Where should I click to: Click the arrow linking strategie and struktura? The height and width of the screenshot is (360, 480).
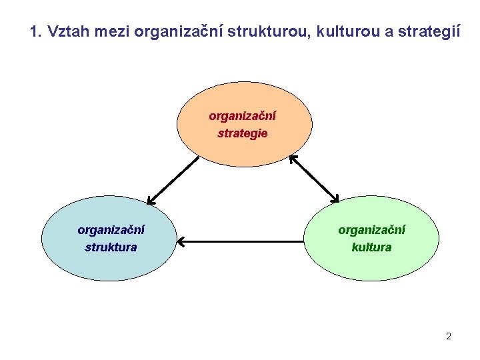point(173,179)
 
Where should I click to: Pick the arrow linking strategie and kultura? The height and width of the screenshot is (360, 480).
point(314,179)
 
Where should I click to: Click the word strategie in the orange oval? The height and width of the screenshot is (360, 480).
point(243,133)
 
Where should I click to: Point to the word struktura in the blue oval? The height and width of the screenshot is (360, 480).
point(111,247)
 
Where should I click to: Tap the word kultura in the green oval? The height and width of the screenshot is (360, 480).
point(371,247)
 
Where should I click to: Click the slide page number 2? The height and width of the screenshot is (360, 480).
point(449,336)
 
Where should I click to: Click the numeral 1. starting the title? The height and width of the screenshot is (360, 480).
point(37,31)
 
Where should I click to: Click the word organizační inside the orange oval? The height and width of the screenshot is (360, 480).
point(243,116)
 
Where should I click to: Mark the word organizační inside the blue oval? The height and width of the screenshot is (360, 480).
point(111,230)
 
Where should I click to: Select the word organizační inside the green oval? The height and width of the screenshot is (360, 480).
point(371,230)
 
